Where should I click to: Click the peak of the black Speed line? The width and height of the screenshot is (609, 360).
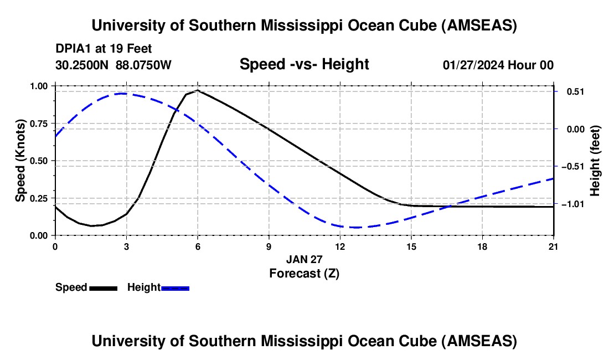coord(198,90)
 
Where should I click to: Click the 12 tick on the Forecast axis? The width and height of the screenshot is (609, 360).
coord(340,246)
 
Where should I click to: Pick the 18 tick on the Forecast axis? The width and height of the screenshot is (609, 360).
coord(482,246)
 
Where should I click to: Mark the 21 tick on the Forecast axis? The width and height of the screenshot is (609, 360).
coord(554,246)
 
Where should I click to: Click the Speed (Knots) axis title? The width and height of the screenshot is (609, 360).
coord(20,161)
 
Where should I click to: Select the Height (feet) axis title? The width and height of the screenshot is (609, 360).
coord(595,161)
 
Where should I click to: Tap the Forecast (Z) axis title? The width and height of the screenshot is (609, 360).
coord(304,274)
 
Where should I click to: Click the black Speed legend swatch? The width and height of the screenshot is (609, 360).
coord(104,288)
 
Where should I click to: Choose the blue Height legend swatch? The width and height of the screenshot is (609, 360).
coord(175,288)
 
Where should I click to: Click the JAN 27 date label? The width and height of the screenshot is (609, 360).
coord(304,259)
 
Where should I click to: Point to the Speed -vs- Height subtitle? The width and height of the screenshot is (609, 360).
coord(304,64)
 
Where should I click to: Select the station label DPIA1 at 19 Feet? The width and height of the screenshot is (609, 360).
coord(104,49)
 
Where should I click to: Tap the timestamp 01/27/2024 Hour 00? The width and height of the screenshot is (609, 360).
coord(498,65)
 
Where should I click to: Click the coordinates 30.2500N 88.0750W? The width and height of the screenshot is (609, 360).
coord(113,65)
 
